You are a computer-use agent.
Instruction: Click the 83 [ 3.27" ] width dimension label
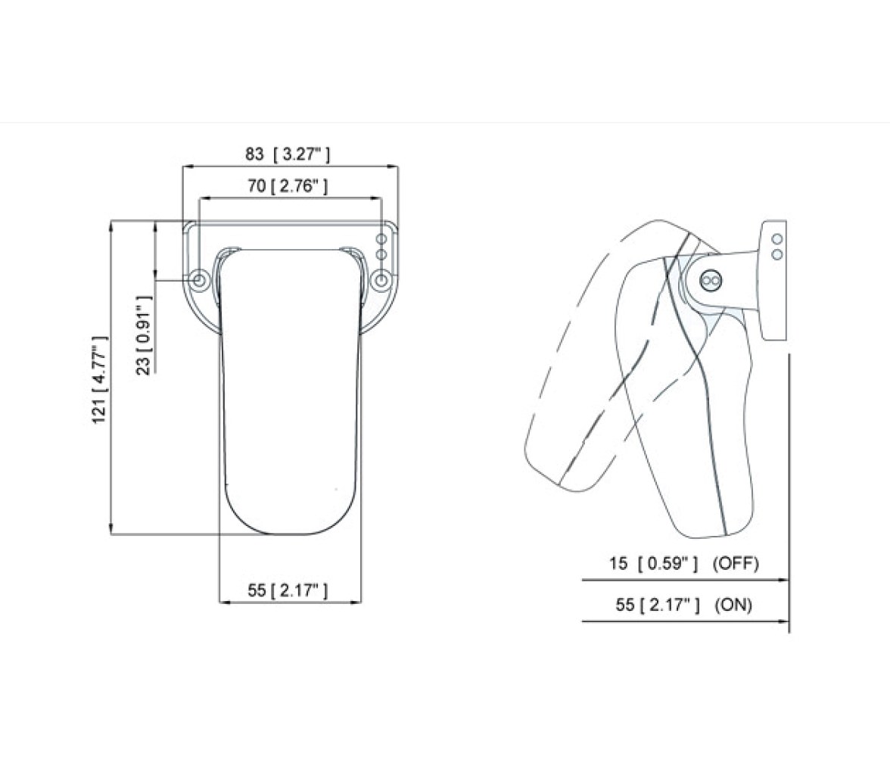(x=288, y=154)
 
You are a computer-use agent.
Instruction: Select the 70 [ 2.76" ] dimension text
(x=288, y=185)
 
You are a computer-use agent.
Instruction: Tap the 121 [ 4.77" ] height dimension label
(x=99, y=379)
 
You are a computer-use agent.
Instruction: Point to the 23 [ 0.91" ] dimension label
(x=145, y=335)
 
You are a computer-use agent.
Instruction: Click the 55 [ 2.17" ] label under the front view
(x=288, y=590)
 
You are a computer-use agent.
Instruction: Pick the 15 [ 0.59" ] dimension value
(x=653, y=563)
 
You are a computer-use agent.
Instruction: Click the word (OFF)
(x=736, y=563)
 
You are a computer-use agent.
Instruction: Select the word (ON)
(x=733, y=605)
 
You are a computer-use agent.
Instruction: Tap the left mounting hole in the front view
(x=199, y=280)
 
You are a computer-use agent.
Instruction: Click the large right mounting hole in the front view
(x=382, y=280)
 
